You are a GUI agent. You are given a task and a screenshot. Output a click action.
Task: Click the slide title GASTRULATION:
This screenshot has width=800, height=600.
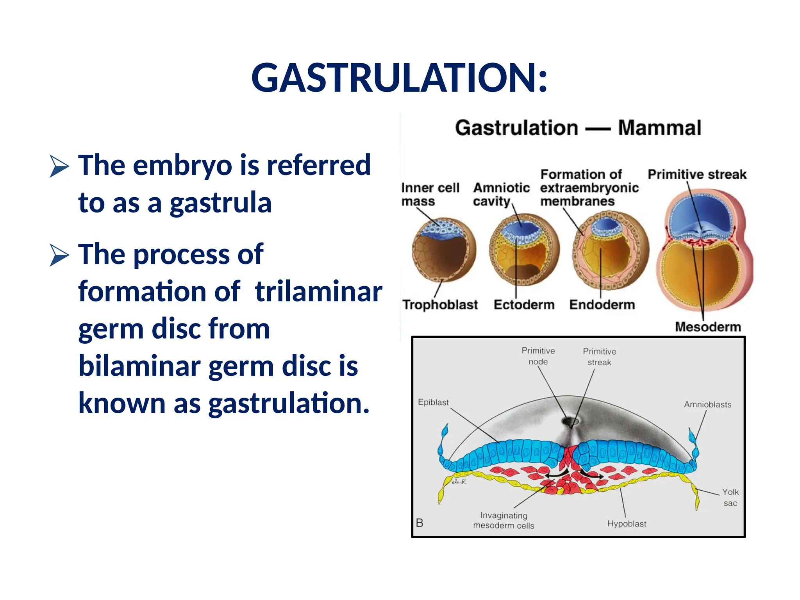pos(399,78)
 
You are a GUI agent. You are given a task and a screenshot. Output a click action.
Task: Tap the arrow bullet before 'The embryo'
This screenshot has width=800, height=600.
pos(59,166)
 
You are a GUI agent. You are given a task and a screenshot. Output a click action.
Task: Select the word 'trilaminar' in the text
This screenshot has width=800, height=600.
pos(318,291)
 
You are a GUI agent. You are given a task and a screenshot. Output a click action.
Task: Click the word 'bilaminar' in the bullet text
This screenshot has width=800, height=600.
pos(139,366)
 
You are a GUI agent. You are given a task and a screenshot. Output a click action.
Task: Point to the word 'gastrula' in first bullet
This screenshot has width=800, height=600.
pos(221,203)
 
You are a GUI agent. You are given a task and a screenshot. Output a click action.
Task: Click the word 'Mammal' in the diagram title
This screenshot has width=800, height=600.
pos(659,128)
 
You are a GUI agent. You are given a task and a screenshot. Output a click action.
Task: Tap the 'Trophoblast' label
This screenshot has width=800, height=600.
pos(440,304)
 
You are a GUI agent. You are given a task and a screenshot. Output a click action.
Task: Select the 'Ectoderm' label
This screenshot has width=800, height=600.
pos(524,304)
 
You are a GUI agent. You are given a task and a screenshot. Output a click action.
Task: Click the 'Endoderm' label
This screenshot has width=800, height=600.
pos(602,304)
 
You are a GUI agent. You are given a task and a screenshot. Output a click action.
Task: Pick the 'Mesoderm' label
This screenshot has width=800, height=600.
pos(707,327)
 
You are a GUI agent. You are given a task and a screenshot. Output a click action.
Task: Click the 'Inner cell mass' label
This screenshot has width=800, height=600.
pos(430,194)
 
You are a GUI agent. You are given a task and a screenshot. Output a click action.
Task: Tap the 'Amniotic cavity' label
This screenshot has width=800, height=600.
pos(501,194)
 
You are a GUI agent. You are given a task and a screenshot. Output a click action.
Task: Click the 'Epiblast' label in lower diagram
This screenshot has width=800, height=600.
pos(433,402)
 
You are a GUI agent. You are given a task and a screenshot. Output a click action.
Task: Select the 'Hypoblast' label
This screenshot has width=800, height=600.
pos(626,524)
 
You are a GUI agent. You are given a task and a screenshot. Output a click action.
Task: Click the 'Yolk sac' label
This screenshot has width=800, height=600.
pos(730,497)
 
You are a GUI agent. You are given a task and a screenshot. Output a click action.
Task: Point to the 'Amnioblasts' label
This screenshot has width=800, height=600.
pos(707,405)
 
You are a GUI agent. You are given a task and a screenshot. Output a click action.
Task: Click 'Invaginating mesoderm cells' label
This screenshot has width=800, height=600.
pos(504,520)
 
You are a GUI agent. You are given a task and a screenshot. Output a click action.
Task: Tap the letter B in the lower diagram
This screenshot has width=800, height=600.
pos(420,523)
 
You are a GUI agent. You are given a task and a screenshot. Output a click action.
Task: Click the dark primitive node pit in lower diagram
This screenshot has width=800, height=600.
pos(570,421)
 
